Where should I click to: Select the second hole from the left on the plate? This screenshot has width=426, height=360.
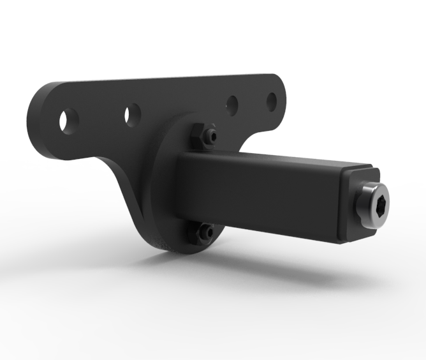tap(132, 116)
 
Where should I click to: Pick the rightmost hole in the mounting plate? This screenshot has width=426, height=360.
tap(272, 101)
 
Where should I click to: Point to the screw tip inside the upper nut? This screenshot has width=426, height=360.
tap(212, 136)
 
